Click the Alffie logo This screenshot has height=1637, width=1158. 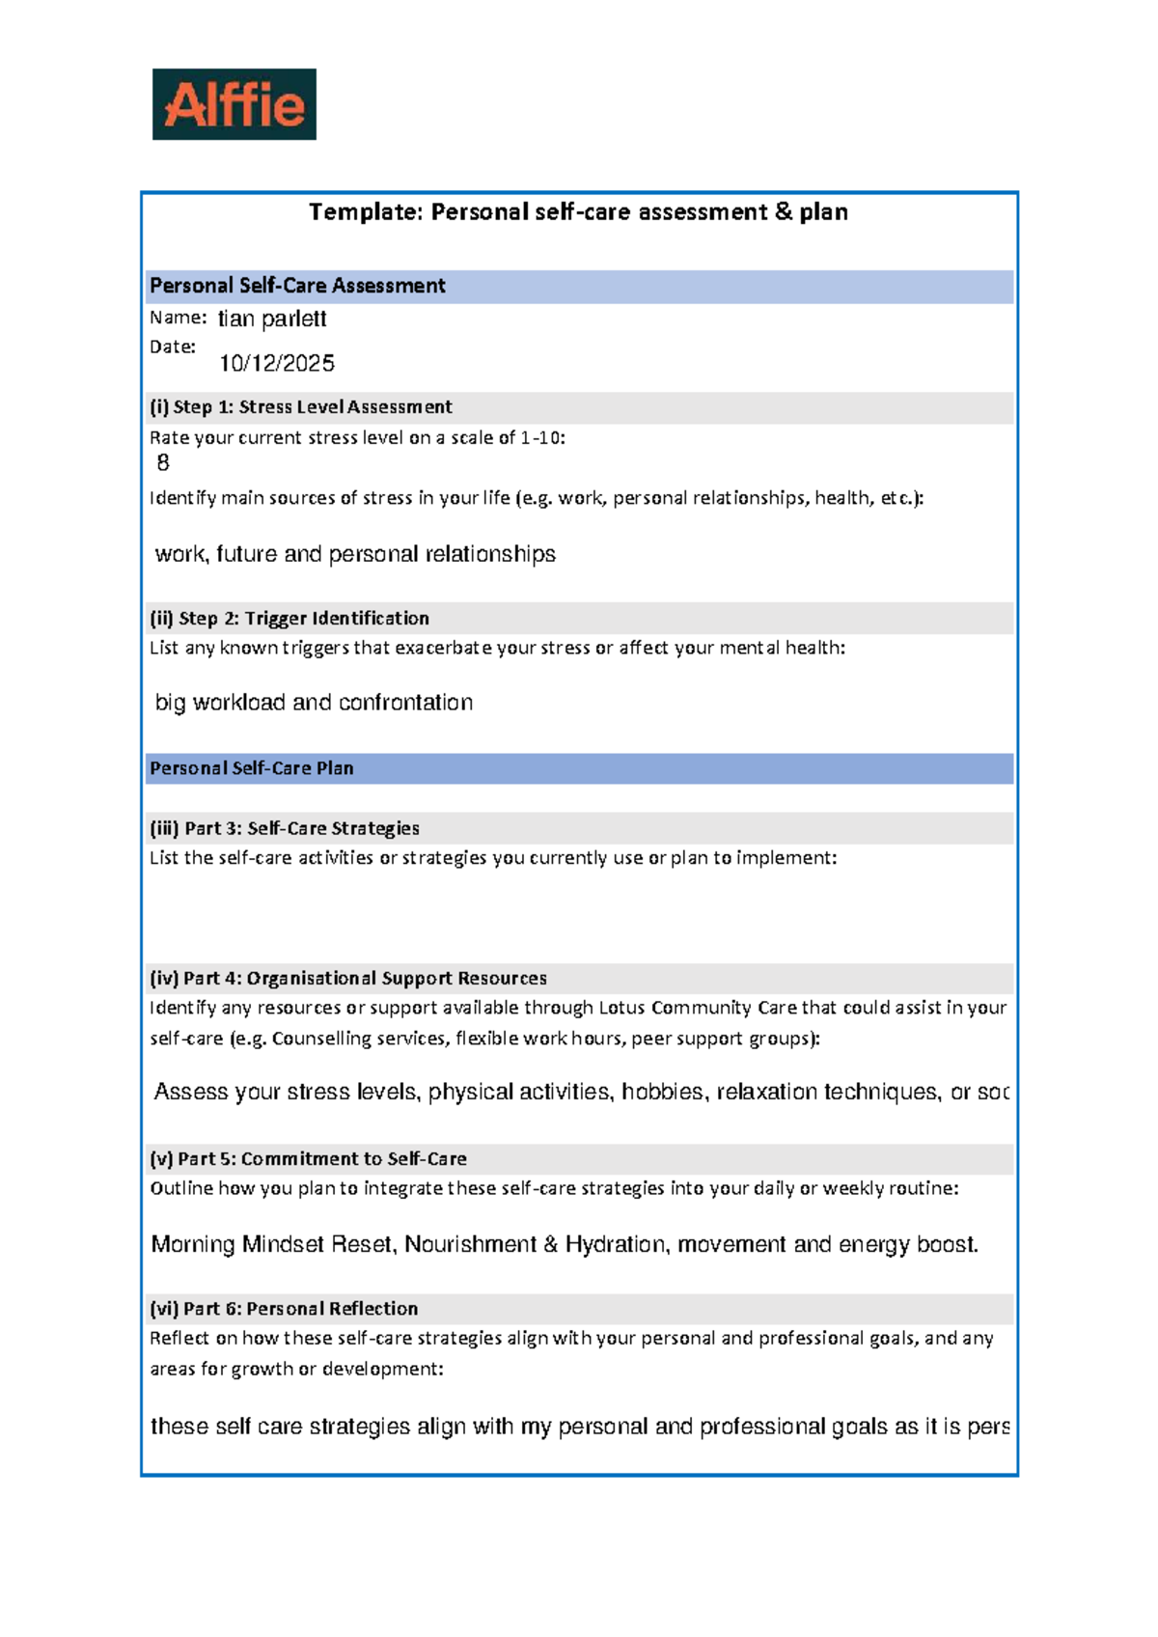234,104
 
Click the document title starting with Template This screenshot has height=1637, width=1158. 578,212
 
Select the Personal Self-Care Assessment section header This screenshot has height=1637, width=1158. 297,286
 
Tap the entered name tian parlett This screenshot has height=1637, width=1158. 272,319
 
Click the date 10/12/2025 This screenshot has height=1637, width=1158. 277,363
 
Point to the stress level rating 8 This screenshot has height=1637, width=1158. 163,463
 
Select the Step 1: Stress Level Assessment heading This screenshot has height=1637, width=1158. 300,407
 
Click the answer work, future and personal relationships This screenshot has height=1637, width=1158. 355,554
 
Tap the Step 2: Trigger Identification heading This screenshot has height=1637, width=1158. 289,619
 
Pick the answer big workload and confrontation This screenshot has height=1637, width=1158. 314,703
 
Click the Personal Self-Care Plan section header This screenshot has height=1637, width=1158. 252,768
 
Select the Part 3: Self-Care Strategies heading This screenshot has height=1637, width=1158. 285,828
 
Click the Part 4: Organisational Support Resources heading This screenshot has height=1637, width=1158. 348,979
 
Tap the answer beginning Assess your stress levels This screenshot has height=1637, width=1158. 579,1092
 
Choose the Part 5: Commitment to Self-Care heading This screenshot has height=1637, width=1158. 308,1158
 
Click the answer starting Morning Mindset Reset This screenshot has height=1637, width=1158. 565,1244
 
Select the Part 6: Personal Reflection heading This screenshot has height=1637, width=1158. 284,1309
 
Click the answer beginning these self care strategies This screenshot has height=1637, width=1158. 579,1427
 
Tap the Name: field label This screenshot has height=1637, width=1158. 178,318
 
